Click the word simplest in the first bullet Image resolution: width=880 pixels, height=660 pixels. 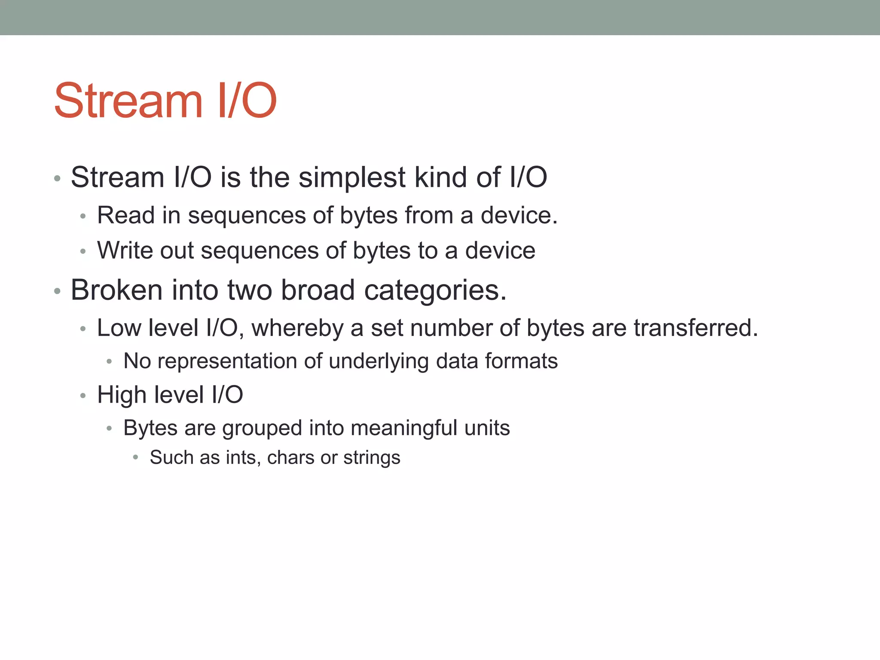pyautogui.click(x=352, y=177)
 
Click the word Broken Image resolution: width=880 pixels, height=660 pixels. pyautogui.click(x=116, y=290)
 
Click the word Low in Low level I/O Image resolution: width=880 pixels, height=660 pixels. pyautogui.click(x=118, y=328)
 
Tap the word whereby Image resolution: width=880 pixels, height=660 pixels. pyautogui.click(x=297, y=328)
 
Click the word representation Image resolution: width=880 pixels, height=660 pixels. pyautogui.click(x=227, y=361)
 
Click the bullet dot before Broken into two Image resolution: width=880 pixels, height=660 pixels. pyautogui.click(x=57, y=291)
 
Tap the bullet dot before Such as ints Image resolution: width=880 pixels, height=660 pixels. pyautogui.click(x=135, y=458)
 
